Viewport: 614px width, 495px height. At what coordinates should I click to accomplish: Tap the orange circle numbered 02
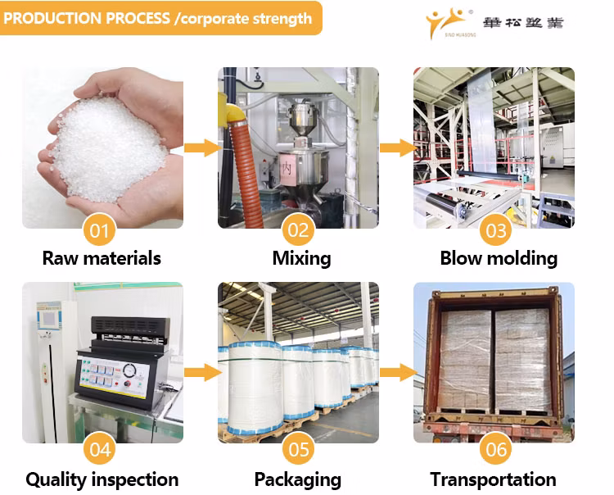(x=298, y=230)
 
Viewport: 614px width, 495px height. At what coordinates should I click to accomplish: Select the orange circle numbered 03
(x=496, y=230)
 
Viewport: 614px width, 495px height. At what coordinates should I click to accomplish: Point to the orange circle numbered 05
(x=298, y=449)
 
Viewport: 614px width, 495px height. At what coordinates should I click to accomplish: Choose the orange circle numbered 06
(x=496, y=449)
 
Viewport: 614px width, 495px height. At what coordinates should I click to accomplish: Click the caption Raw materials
(x=102, y=258)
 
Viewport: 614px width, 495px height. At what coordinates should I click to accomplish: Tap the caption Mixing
(x=301, y=258)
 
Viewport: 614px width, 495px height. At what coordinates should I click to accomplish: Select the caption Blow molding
(x=499, y=258)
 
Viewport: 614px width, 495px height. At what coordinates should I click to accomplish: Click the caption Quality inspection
(x=102, y=479)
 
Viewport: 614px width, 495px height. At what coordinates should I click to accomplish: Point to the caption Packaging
(x=297, y=479)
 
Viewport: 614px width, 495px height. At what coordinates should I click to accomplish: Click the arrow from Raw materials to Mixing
(x=201, y=148)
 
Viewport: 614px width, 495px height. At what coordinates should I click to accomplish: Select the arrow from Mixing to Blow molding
(x=397, y=148)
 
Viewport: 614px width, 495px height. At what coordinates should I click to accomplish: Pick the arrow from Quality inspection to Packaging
(x=201, y=372)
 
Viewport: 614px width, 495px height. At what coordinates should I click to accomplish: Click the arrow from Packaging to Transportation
(x=397, y=372)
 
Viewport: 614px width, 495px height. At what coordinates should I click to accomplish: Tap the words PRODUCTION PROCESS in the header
(x=87, y=18)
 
